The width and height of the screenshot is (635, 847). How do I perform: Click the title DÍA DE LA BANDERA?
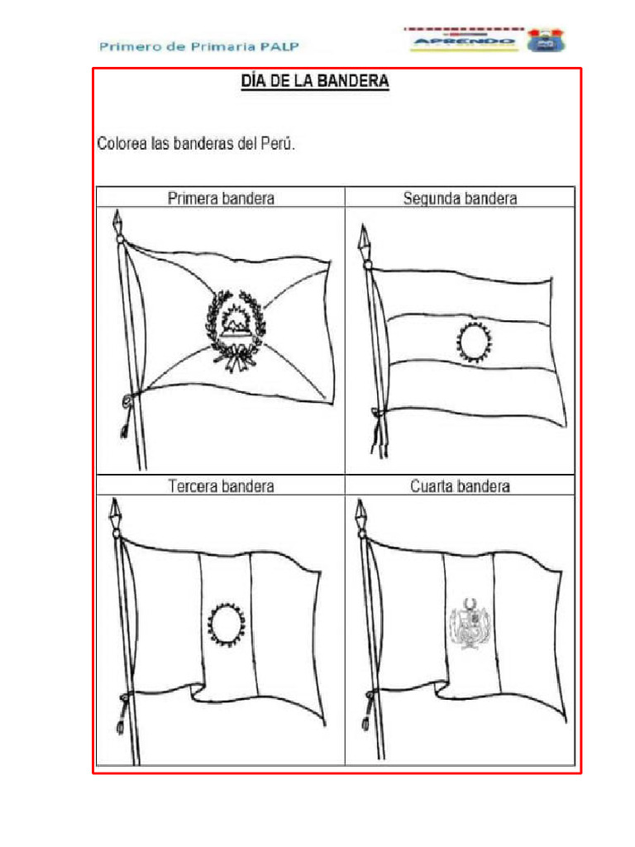[x=314, y=81]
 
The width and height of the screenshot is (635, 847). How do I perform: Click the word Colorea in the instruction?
[x=122, y=144]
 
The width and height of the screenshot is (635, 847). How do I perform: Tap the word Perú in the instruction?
[x=275, y=144]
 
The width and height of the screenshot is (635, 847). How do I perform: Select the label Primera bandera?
[x=221, y=199]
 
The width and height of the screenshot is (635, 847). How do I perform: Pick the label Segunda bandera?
[x=460, y=199]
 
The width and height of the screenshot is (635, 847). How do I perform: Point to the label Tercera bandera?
[x=221, y=486]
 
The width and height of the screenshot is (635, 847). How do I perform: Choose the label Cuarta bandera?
[x=460, y=486]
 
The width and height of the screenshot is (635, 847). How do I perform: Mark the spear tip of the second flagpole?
[x=363, y=235]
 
